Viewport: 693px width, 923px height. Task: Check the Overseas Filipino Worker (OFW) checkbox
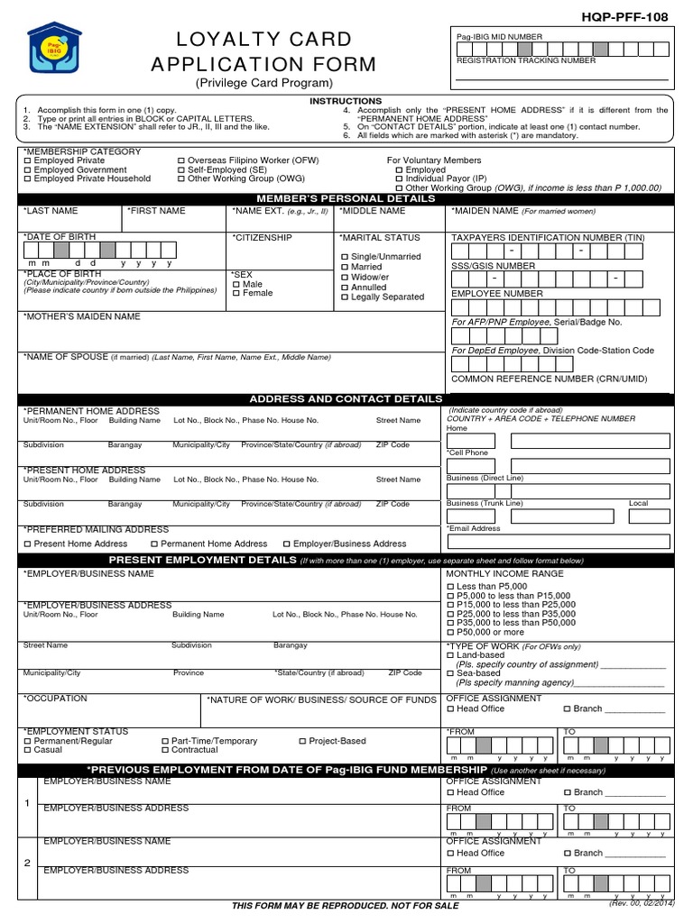pos(181,160)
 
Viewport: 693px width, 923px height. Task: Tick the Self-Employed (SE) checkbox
pos(181,169)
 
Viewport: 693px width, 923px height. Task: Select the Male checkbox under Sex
pos(236,284)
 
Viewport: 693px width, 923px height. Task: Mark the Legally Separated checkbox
pos(345,297)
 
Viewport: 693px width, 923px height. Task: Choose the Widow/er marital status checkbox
pos(345,277)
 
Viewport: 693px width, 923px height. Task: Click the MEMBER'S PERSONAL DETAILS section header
pos(346,198)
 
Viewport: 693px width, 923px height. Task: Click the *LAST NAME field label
pos(51,211)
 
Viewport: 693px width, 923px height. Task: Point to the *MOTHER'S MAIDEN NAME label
pos(81,316)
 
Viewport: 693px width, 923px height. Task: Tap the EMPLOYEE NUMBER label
pos(497,294)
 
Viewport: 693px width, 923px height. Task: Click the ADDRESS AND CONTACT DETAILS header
pos(346,398)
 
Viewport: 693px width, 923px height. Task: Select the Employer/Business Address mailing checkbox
pos(287,544)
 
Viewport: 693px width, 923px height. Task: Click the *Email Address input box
pos(559,542)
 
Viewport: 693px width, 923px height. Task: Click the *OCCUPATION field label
pos(55,699)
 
